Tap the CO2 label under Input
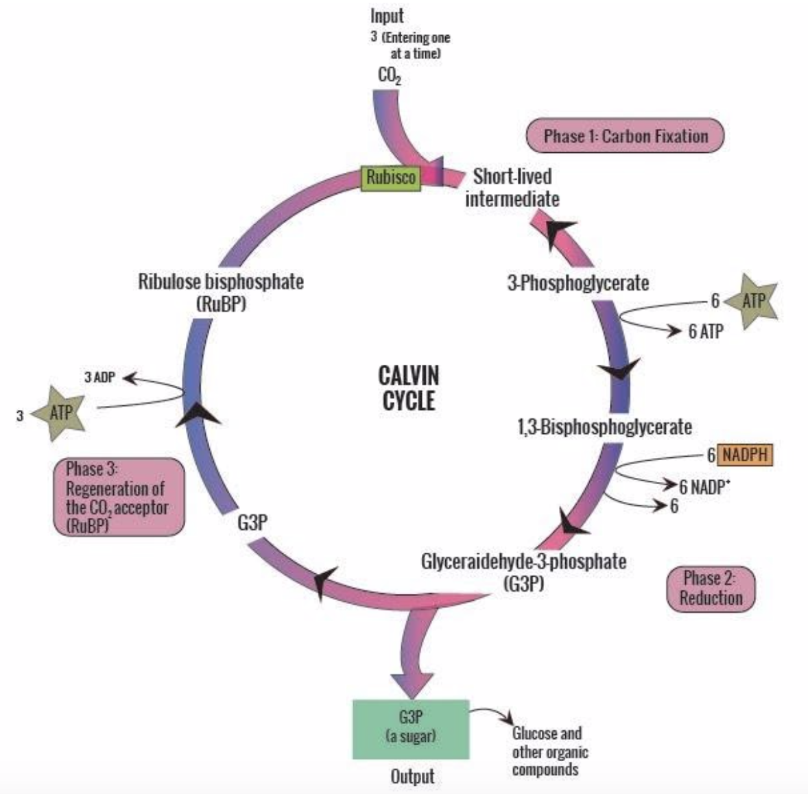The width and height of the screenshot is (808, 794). click(389, 75)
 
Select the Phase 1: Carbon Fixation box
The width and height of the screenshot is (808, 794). click(625, 136)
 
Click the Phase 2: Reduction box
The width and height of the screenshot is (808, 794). click(711, 588)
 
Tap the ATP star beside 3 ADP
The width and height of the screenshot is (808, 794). click(60, 412)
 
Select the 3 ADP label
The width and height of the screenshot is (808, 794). click(99, 377)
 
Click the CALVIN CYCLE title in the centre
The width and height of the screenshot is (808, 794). click(408, 387)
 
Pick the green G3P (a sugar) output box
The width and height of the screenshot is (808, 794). click(410, 728)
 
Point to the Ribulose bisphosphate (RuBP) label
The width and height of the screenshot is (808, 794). click(221, 291)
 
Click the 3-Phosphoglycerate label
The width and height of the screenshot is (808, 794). click(578, 282)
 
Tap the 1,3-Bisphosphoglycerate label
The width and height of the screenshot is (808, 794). click(604, 427)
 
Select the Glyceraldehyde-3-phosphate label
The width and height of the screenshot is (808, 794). click(523, 570)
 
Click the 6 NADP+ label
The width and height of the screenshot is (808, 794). click(704, 487)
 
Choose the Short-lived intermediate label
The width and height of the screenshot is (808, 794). click(512, 187)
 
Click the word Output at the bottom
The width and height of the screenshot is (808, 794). click(412, 776)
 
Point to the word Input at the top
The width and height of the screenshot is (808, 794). click(387, 15)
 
